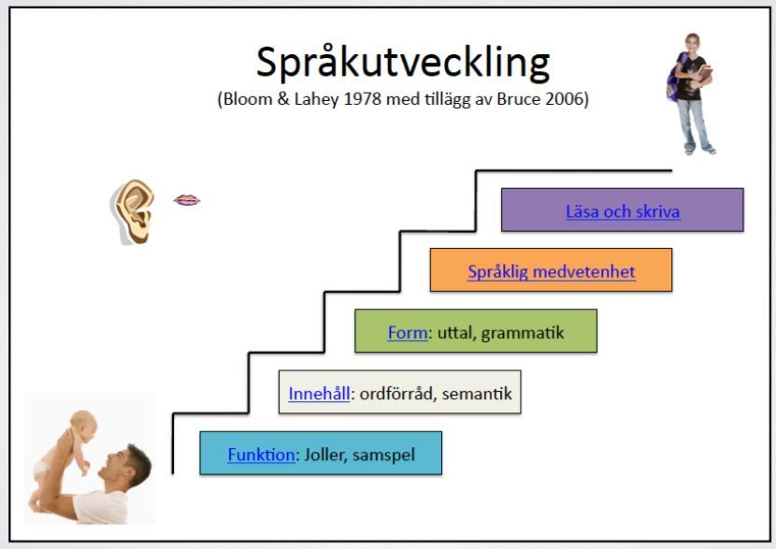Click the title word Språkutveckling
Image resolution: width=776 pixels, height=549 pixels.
(403, 64)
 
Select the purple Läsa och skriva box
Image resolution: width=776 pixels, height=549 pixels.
(622, 209)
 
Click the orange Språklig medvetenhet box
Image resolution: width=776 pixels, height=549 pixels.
(551, 269)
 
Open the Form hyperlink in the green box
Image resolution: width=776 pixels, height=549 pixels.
(408, 332)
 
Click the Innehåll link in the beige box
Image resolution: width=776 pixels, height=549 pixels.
(319, 394)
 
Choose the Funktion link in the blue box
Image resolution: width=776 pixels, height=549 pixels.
(261, 455)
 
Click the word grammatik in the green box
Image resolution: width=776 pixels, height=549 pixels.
(523, 333)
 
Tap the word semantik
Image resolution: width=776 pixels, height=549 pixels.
(477, 394)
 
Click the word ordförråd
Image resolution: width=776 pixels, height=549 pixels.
(398, 394)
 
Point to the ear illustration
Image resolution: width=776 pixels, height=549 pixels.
(132, 212)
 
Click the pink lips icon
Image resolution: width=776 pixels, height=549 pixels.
(187, 200)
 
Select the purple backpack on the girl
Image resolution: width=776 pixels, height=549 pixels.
(674, 80)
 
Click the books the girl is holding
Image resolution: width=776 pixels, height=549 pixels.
(704, 75)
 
